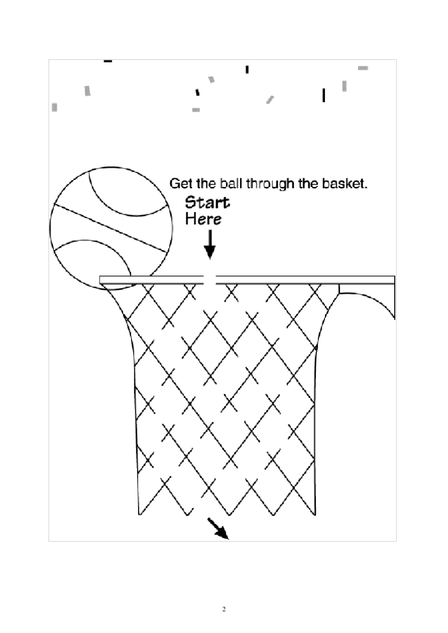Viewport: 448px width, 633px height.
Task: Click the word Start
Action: pos(207,203)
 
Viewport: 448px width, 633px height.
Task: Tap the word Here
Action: pos(203,219)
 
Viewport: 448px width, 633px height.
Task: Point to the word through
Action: pos(269,184)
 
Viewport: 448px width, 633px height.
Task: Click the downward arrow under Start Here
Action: pos(209,245)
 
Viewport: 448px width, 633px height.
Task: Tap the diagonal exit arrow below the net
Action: pos(218,528)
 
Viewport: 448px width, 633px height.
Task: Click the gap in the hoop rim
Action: pos(210,280)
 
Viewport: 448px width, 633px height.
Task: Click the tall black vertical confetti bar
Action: pos(324,95)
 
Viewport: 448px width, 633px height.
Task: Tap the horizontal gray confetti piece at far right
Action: pos(363,68)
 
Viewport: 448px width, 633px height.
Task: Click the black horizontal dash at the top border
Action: pos(108,61)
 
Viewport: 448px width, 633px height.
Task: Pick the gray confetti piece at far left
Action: pos(54,107)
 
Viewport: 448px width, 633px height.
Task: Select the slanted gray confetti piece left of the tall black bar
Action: pos(270,99)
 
